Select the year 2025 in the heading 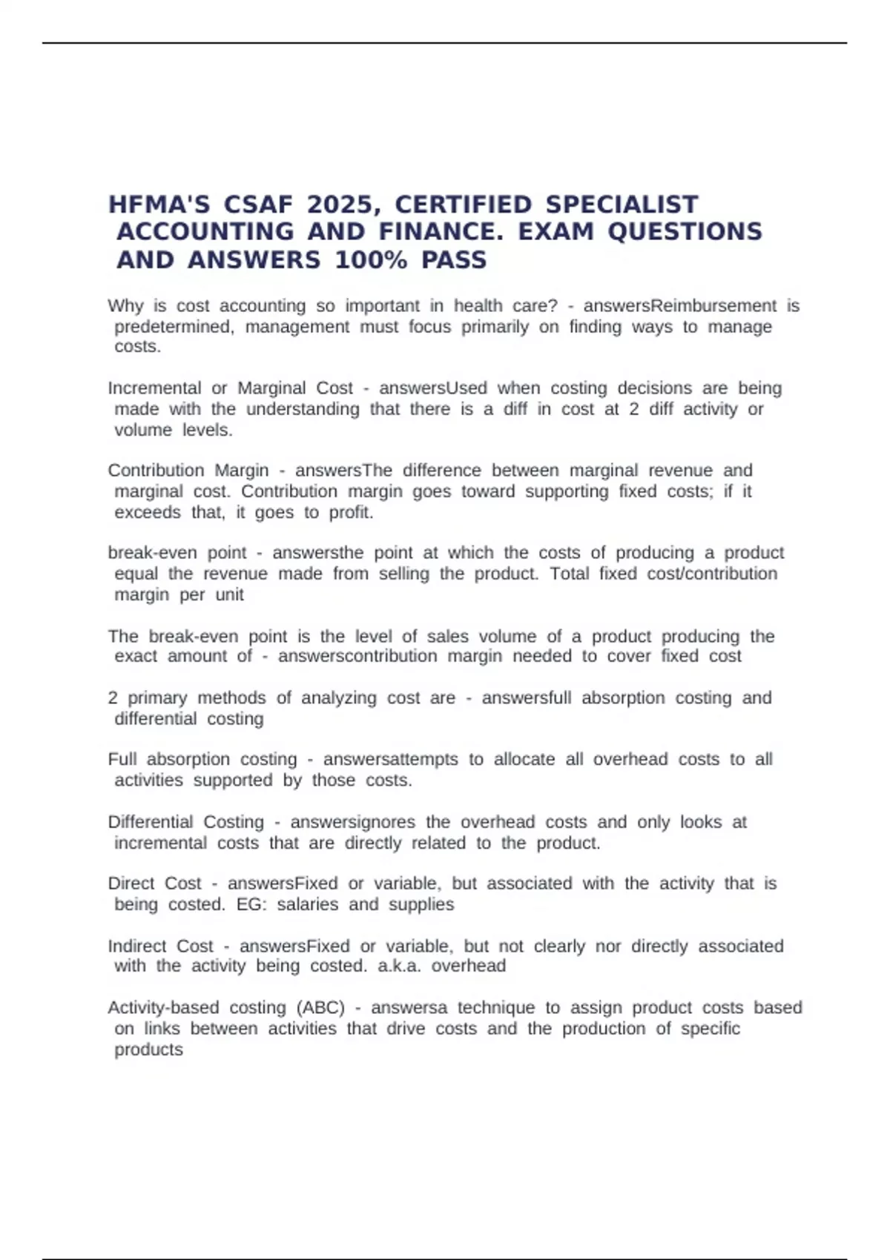point(341,205)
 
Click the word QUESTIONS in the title point(685,232)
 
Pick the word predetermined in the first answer point(174,327)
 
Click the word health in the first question point(478,306)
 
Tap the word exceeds point(148,512)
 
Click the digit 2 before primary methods point(113,698)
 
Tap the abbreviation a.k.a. point(399,966)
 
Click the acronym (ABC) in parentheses point(320,1008)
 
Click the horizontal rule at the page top point(445,43)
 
